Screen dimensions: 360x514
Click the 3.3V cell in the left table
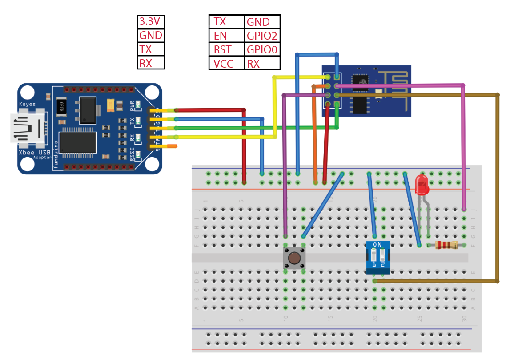point(151,22)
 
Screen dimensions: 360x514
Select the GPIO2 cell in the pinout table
point(262,36)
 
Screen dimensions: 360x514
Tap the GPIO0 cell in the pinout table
point(262,49)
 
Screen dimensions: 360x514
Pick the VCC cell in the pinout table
point(227,63)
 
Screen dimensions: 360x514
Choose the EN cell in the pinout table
point(227,36)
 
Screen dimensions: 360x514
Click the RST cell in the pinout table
point(227,49)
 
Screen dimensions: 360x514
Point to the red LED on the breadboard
point(421,185)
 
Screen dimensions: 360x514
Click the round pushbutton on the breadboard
point(294,258)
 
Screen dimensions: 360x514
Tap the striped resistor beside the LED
point(446,245)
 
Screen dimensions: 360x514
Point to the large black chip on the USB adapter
point(78,142)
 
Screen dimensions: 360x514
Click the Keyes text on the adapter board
point(27,104)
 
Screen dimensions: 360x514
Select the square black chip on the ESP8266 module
point(361,80)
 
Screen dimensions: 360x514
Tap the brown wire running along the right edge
point(497,187)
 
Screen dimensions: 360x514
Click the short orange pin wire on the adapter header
point(170,146)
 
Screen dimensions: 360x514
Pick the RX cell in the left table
point(151,63)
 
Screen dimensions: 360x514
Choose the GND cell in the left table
point(151,36)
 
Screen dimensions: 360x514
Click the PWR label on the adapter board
point(132,105)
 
